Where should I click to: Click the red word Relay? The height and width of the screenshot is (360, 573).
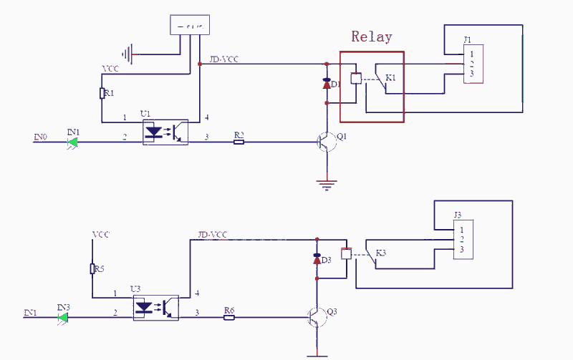[x=372, y=37]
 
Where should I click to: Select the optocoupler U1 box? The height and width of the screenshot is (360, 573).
[x=165, y=132]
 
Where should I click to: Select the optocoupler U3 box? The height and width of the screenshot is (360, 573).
[x=156, y=306]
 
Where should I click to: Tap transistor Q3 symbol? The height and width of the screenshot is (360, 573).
[x=316, y=316]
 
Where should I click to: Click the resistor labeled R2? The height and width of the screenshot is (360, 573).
[x=239, y=142]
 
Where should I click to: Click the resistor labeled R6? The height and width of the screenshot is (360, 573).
[x=229, y=316]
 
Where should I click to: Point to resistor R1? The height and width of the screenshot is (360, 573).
[x=102, y=93]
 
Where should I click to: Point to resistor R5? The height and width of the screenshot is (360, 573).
[x=93, y=269]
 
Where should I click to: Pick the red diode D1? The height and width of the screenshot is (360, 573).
[x=327, y=83]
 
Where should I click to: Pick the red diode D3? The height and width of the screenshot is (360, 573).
[x=317, y=259]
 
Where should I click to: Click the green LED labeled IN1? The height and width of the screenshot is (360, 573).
[x=72, y=142]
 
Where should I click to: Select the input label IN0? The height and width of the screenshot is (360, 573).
[x=41, y=135]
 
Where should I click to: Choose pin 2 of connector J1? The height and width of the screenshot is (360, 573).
[x=471, y=64]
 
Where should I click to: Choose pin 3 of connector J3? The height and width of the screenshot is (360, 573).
[x=462, y=249]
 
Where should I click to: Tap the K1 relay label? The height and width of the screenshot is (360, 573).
[x=391, y=77]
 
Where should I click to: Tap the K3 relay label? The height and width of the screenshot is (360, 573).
[x=380, y=253]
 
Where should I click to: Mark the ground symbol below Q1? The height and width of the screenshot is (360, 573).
[x=327, y=185]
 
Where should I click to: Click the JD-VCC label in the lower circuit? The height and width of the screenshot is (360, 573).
[x=213, y=235]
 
